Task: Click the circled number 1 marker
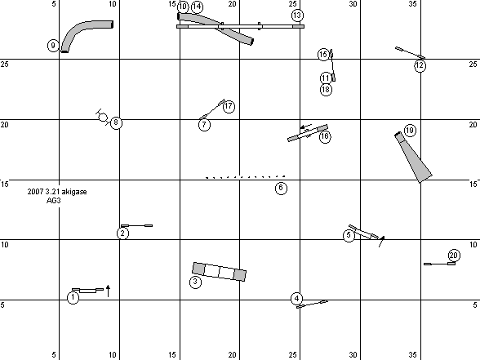click(x=73, y=297)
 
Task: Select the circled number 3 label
click(x=195, y=282)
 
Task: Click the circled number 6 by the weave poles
click(x=281, y=188)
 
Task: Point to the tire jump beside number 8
click(x=103, y=118)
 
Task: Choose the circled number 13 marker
click(x=297, y=16)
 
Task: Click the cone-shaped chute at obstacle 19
click(x=413, y=158)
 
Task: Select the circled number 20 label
click(x=454, y=256)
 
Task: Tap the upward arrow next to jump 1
click(x=108, y=291)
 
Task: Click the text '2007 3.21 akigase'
click(x=57, y=192)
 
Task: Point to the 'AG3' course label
click(x=54, y=201)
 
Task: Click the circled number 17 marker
click(x=229, y=106)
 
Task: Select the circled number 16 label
click(x=325, y=136)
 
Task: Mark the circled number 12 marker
click(x=420, y=65)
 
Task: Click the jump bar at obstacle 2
click(x=136, y=225)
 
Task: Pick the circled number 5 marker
click(x=349, y=235)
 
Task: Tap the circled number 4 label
click(x=296, y=299)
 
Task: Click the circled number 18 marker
click(x=326, y=90)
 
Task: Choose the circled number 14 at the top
click(x=198, y=7)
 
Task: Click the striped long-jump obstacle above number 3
click(x=219, y=272)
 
